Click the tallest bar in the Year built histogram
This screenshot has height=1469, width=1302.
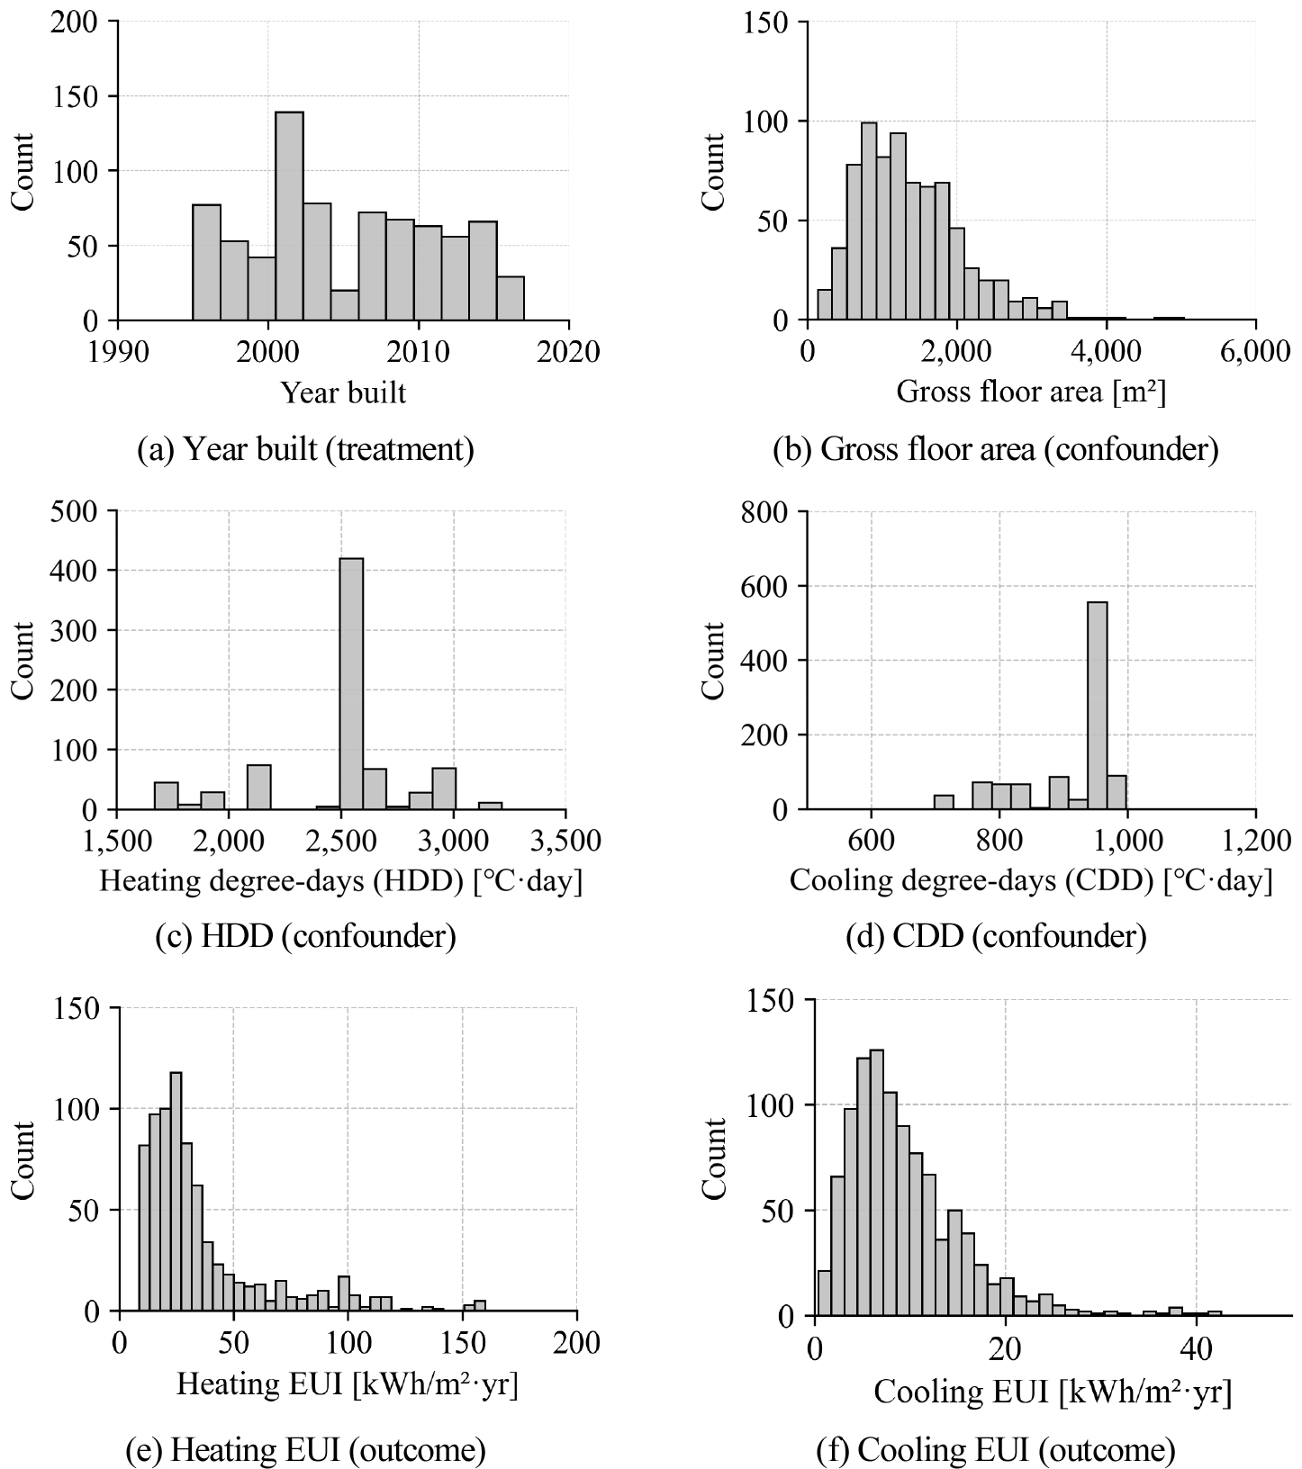pyautogui.click(x=289, y=216)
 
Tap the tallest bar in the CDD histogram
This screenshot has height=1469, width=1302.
pyautogui.click(x=1098, y=706)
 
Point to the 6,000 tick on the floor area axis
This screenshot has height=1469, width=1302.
pyautogui.click(x=1254, y=352)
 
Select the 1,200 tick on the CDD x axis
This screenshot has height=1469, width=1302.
pyautogui.click(x=1254, y=841)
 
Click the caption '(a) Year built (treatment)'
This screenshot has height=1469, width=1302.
pyautogui.click(x=305, y=449)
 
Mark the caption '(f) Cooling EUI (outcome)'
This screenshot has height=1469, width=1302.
pyautogui.click(x=996, y=1450)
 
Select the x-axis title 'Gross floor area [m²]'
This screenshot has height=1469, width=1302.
pyautogui.click(x=1031, y=392)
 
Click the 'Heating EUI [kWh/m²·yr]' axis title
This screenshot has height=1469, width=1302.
pyautogui.click(x=347, y=1383)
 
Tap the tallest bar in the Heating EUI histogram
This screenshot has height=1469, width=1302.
pyautogui.click(x=176, y=1192)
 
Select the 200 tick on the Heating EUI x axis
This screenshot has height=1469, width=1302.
pyautogui.click(x=576, y=1343)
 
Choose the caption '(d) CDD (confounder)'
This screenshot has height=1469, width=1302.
pyautogui.click(x=996, y=938)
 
